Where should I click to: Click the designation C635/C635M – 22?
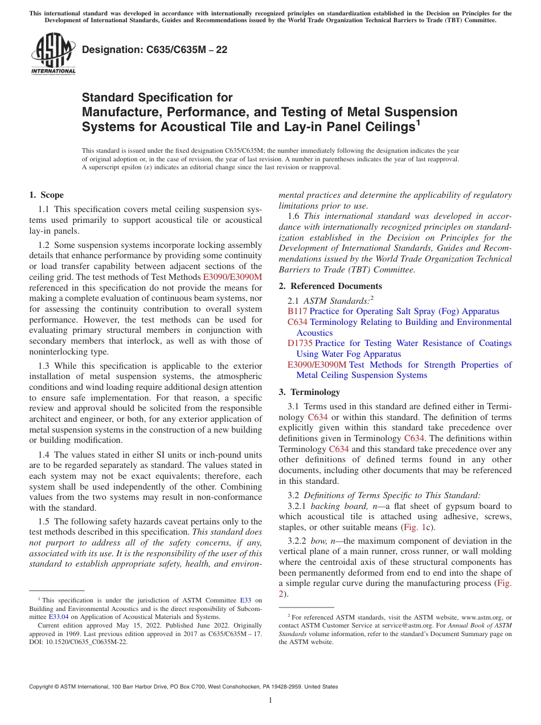click(154, 50)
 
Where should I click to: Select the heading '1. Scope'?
click(46, 195)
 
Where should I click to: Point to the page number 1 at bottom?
click(270, 700)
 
